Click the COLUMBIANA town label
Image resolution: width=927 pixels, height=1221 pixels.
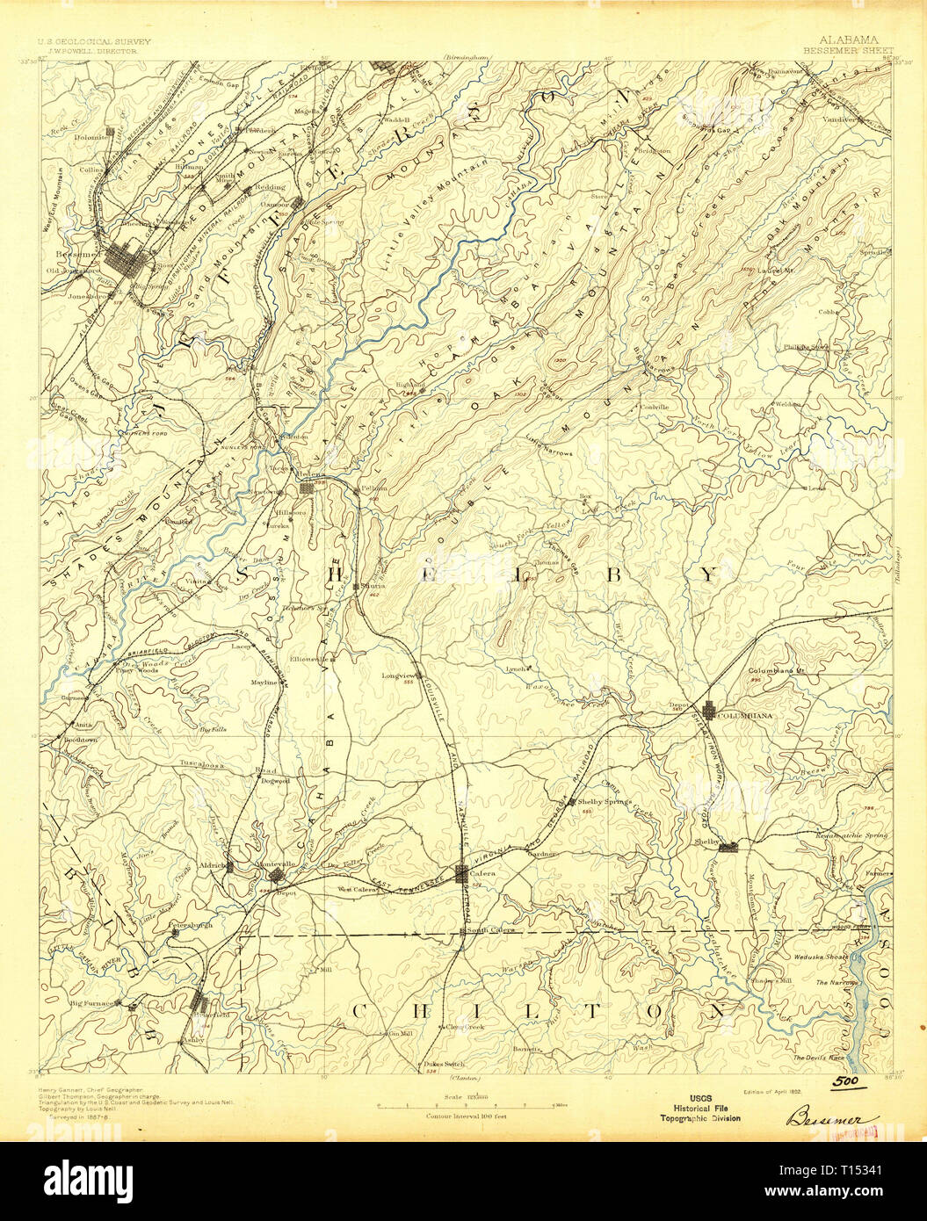pyautogui.click(x=745, y=716)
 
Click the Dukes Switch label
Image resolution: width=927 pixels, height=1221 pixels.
pyautogui.click(x=443, y=1063)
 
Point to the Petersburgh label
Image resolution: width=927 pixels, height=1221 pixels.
pyautogui.click(x=192, y=925)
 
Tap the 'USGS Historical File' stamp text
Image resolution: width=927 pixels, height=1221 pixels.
pyautogui.click(x=700, y=1109)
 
